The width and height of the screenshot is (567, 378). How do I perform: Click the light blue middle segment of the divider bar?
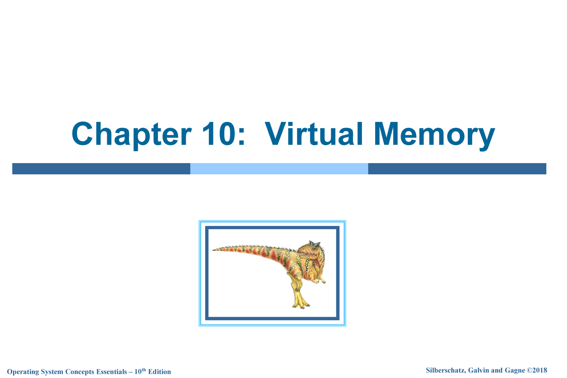(x=279, y=169)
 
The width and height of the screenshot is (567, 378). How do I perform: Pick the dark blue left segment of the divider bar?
(x=101, y=169)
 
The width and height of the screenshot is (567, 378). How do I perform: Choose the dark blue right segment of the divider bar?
(x=457, y=169)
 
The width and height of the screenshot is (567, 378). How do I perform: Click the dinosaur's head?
(x=312, y=250)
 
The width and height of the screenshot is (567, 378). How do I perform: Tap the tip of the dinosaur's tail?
(x=214, y=250)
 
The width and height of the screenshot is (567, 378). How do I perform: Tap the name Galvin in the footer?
(x=473, y=369)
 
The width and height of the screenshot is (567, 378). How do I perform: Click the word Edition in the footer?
(x=159, y=372)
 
